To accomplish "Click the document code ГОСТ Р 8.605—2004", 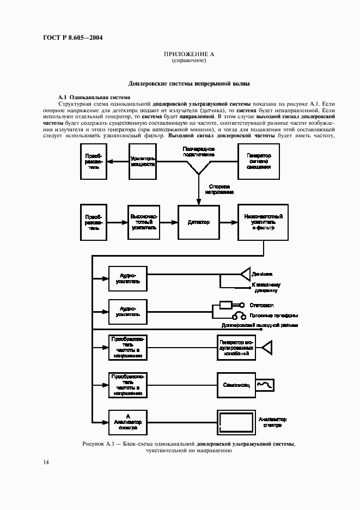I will [x=72, y=38].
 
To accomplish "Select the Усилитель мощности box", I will [x=143, y=161].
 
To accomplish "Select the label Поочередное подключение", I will [x=198, y=151].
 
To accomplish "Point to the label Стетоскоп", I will [x=263, y=305].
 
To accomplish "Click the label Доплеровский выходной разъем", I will [x=260, y=325].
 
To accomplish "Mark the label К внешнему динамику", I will [x=265, y=288].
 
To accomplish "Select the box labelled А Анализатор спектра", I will [x=127, y=422].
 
